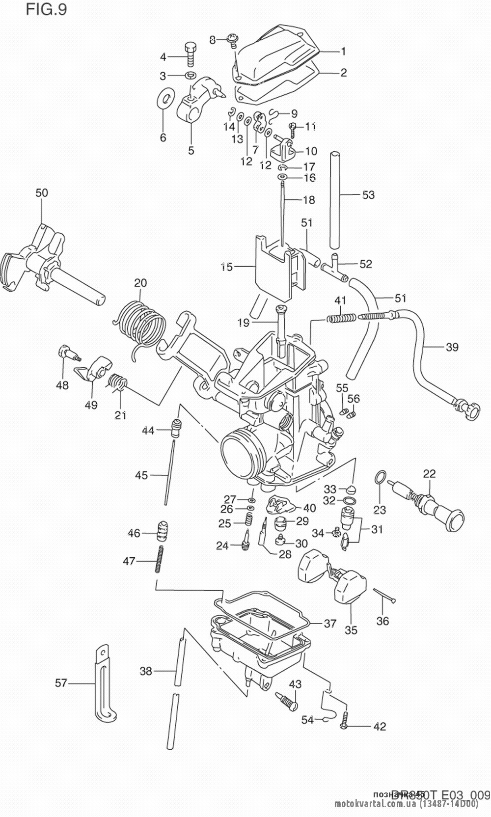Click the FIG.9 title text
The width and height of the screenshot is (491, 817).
46,9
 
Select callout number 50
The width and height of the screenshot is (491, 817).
42,193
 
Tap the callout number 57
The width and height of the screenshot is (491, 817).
61,682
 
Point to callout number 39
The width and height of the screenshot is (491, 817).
452,347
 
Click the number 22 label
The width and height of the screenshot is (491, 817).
429,474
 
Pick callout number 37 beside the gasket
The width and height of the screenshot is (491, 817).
330,624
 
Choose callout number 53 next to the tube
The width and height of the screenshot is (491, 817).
368,195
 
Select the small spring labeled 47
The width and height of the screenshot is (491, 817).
160,559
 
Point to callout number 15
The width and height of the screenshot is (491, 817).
226,267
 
